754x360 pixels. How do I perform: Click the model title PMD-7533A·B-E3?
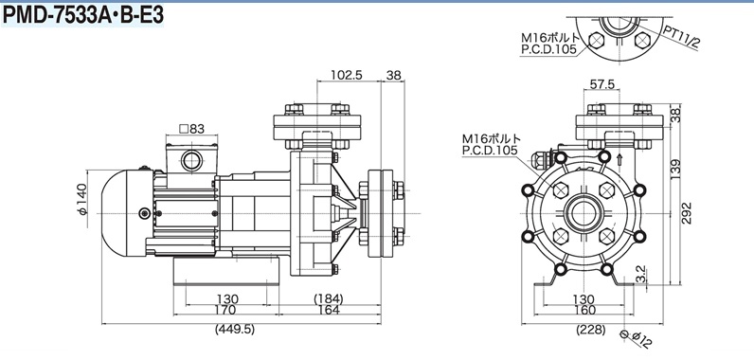82,15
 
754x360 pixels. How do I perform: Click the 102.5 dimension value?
347,75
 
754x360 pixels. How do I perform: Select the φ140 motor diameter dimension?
82,199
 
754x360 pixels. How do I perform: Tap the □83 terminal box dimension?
191,128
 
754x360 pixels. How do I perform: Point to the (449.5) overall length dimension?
235,330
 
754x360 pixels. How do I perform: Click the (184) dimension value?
329,298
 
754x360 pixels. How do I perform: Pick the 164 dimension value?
329,310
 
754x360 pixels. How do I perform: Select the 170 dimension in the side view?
225,310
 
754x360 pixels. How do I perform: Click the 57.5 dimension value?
602,84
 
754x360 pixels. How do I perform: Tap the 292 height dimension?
686,212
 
